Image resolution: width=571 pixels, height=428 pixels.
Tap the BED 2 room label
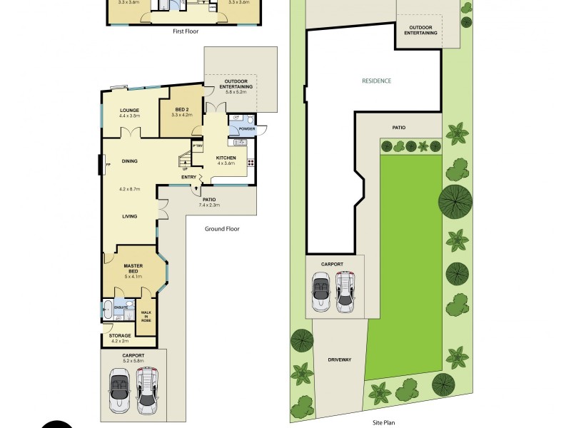(183, 108)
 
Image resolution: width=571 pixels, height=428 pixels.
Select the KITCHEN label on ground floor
(226, 157)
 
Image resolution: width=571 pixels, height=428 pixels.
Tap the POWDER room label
(247, 129)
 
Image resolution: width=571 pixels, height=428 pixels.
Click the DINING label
(129, 161)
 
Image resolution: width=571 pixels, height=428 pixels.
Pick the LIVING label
(129, 216)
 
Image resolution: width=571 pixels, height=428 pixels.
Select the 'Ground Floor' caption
(222, 229)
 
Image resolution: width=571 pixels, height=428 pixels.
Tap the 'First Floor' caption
(186, 31)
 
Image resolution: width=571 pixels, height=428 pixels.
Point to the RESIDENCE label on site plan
(376, 81)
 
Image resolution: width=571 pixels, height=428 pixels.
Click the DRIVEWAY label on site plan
(340, 360)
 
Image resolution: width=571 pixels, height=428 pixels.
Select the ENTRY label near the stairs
(189, 177)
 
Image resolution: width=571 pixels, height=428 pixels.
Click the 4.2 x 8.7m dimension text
(129, 188)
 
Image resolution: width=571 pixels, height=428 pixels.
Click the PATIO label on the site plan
(398, 128)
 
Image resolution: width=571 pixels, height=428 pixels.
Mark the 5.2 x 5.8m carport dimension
(133, 361)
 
